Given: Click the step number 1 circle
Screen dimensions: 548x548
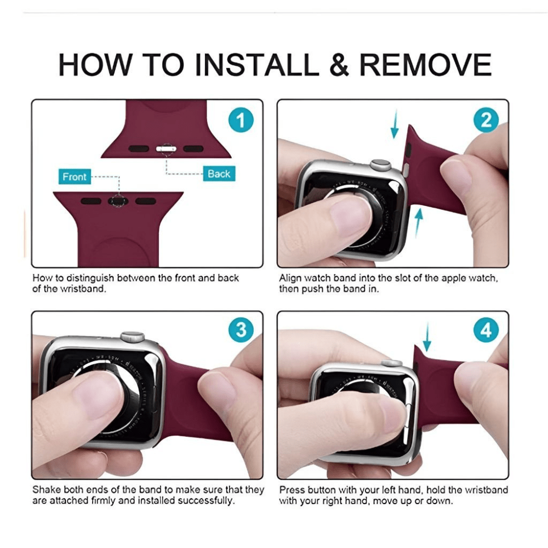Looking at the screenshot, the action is (x=241, y=120).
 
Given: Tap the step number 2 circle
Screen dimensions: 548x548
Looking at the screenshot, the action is (x=486, y=120).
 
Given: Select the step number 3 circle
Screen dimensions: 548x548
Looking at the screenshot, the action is (x=241, y=330).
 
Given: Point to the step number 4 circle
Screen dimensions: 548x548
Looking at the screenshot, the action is (x=486, y=330).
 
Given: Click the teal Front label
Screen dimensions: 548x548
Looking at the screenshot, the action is (x=75, y=177).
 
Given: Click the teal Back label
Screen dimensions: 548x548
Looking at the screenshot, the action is (x=219, y=174).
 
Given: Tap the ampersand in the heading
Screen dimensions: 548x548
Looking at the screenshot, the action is (x=339, y=65).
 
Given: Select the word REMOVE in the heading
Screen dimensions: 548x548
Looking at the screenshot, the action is (x=426, y=65).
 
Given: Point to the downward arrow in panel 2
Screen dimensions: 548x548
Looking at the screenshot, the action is (x=395, y=124).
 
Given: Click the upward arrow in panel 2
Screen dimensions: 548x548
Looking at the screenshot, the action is (x=418, y=223).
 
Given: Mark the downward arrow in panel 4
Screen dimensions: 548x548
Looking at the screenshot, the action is (x=427, y=337).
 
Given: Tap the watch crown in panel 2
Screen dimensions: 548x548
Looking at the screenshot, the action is (x=381, y=164).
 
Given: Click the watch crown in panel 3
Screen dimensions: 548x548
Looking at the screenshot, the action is (x=133, y=336).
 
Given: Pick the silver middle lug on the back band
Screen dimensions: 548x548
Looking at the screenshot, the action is (x=166, y=149).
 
